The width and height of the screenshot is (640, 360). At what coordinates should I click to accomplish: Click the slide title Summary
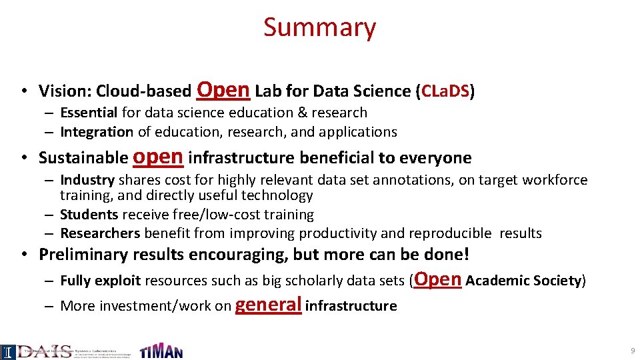[x=319, y=27]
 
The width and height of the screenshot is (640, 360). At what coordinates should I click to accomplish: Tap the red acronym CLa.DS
[x=445, y=91]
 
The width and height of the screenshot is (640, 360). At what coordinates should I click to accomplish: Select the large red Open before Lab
[x=223, y=89]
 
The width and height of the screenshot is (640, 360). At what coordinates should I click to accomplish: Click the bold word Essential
[x=89, y=113]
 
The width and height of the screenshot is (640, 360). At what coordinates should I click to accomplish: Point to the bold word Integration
[x=97, y=132]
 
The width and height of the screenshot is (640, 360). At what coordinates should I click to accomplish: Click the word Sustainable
[x=83, y=158]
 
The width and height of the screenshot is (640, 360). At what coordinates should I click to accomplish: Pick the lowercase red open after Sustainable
[x=158, y=157]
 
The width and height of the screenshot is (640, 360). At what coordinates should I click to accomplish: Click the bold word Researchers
[x=100, y=233]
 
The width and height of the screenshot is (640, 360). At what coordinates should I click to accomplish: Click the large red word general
[x=269, y=305]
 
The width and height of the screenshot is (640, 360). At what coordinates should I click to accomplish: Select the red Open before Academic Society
[x=437, y=279]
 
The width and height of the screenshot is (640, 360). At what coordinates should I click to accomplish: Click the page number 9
[x=631, y=351]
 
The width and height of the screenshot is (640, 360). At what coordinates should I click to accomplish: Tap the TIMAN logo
[x=161, y=351]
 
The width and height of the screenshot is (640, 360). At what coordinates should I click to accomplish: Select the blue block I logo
[x=8, y=351]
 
